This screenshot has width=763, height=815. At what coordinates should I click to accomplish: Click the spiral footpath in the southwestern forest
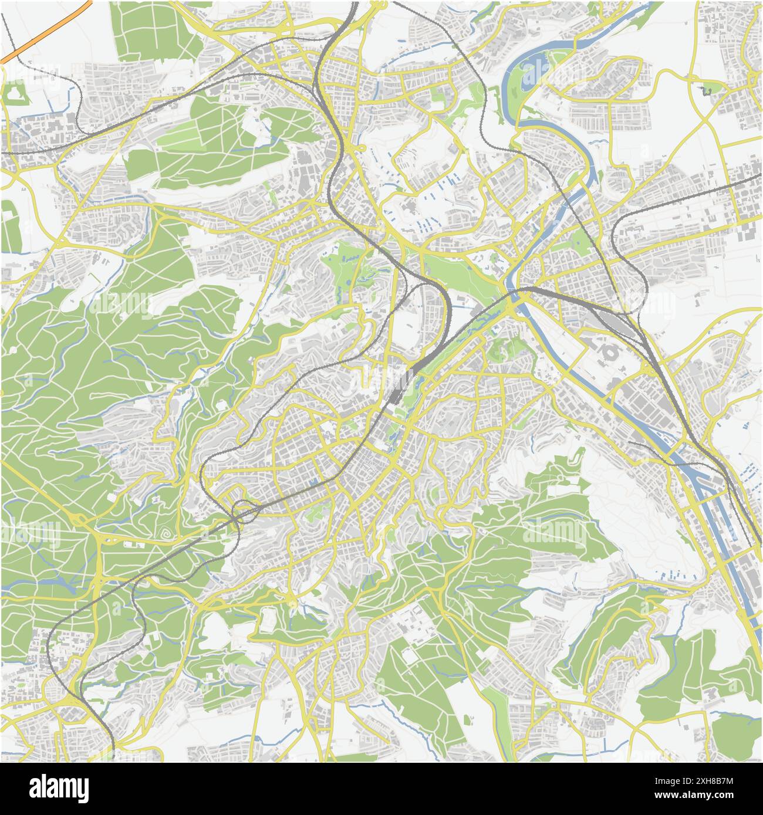pyautogui.click(x=167, y=535)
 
